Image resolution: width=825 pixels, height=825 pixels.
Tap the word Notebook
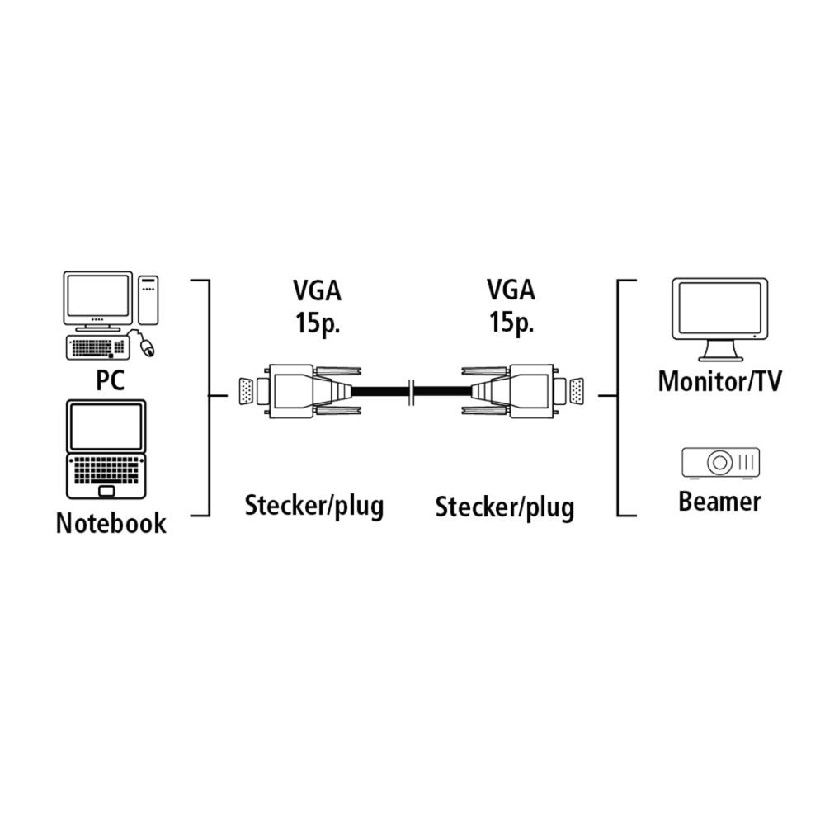(x=111, y=523)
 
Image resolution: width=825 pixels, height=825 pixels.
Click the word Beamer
(x=719, y=501)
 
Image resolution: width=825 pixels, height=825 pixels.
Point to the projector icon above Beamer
(x=720, y=462)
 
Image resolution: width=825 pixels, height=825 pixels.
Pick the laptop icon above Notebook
(x=107, y=450)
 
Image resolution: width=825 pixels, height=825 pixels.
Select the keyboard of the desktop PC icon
(x=97, y=347)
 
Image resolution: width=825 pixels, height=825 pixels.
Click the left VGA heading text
(x=318, y=290)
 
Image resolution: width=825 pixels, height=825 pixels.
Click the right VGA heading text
(x=511, y=290)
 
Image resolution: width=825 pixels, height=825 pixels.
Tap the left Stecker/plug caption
(x=313, y=506)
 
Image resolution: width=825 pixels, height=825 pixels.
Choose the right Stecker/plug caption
(x=504, y=507)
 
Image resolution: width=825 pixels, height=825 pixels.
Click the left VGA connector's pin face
(x=246, y=391)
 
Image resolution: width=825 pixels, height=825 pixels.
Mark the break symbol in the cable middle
(x=412, y=391)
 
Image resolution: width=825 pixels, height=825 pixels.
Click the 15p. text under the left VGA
(x=318, y=323)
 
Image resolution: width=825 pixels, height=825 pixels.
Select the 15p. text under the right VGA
(x=511, y=323)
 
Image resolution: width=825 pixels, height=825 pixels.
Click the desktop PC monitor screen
(x=97, y=297)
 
